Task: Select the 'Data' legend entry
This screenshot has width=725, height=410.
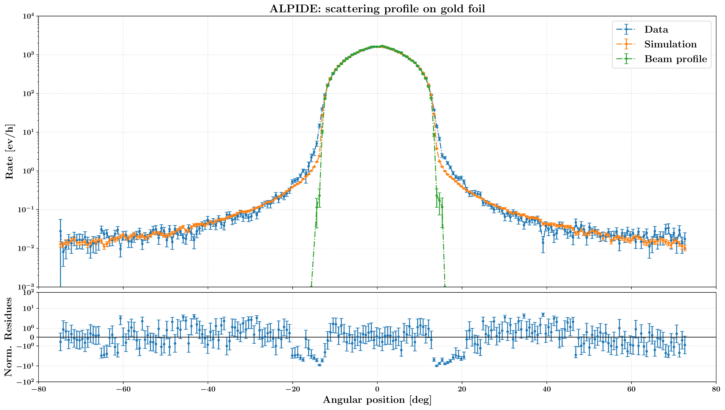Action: click(656, 30)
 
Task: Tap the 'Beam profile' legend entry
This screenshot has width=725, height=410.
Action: click(675, 59)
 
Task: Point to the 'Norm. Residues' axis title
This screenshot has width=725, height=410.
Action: click(8, 337)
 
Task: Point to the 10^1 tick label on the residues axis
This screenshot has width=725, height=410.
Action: click(29, 308)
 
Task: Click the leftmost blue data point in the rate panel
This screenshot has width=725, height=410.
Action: click(60, 231)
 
